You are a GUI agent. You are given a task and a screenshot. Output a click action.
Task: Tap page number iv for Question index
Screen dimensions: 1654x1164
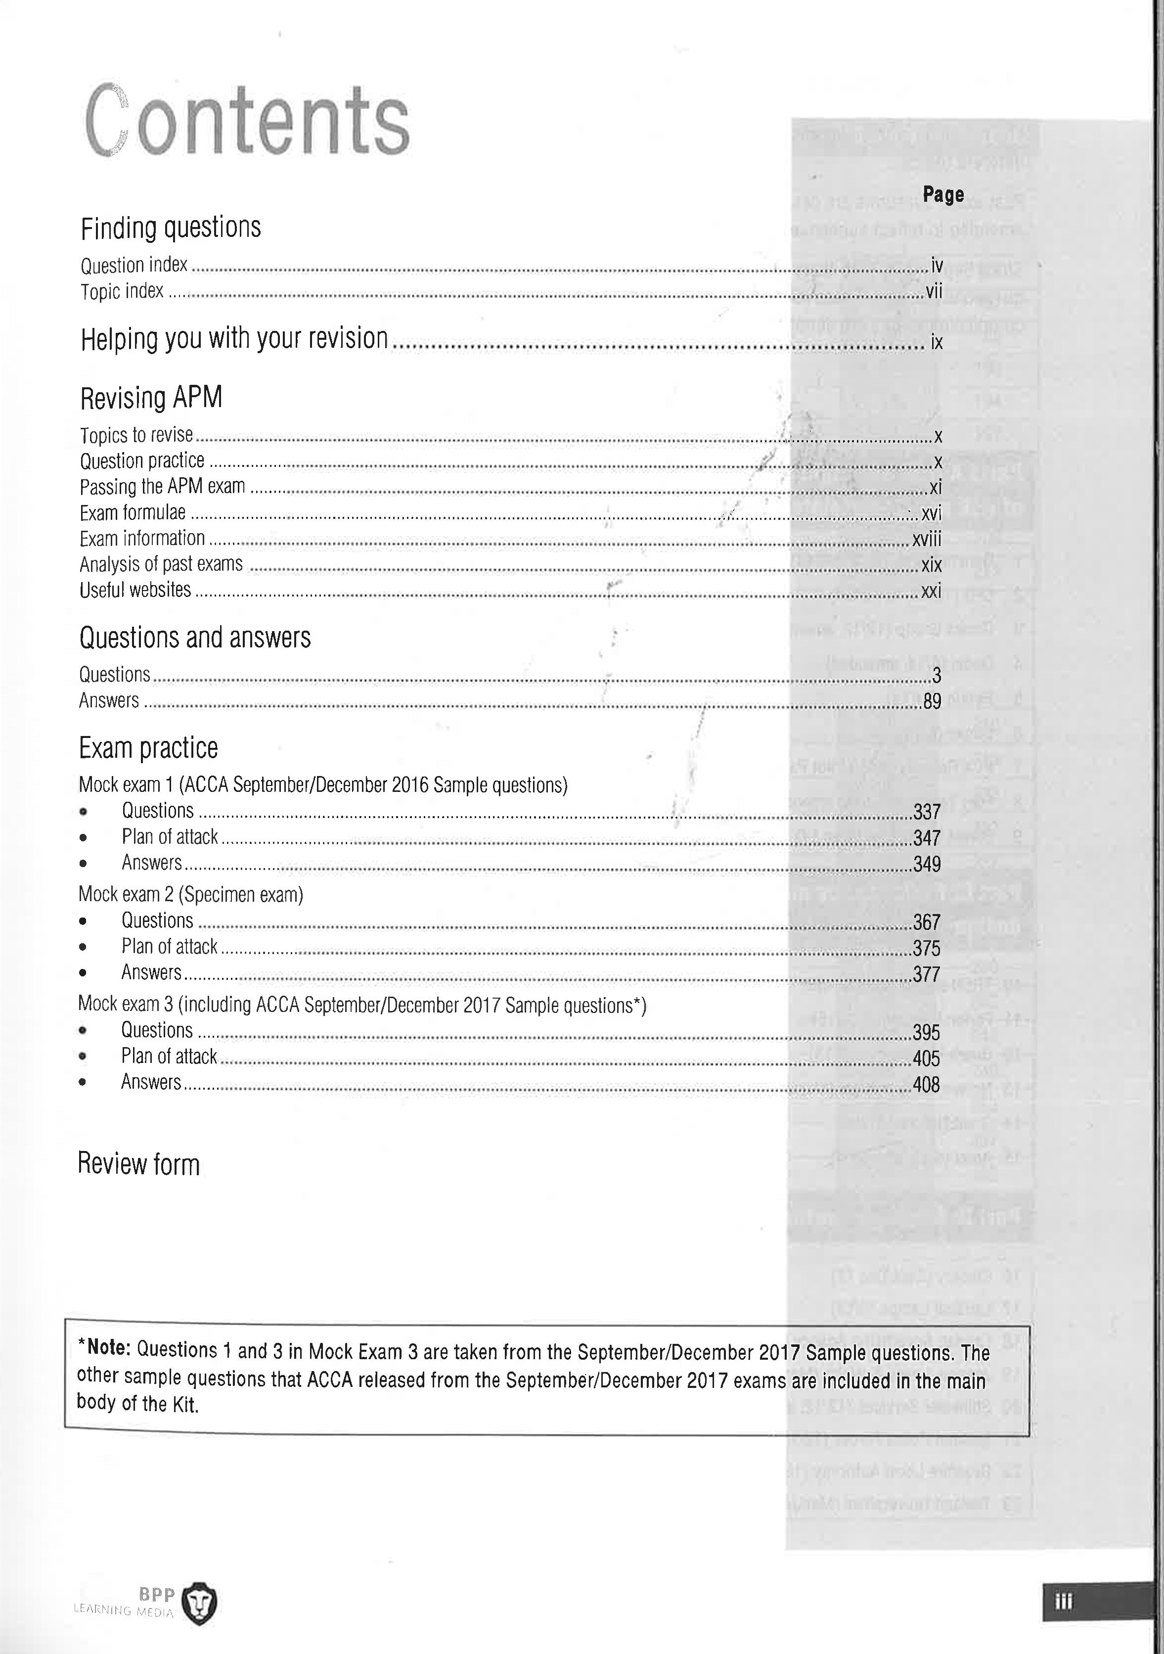click(937, 266)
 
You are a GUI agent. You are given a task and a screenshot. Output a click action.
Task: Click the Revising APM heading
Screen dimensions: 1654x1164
click(151, 397)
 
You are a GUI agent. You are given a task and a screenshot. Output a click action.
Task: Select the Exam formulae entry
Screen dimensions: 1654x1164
click(133, 512)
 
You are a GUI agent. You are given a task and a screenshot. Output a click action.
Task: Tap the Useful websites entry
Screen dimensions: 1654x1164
click(135, 590)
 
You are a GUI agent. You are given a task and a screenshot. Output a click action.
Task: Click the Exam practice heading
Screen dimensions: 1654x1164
click(148, 748)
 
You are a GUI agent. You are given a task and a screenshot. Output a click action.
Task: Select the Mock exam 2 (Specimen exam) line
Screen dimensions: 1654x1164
click(191, 895)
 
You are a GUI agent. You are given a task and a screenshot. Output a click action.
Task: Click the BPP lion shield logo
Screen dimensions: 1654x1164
click(198, 1604)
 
